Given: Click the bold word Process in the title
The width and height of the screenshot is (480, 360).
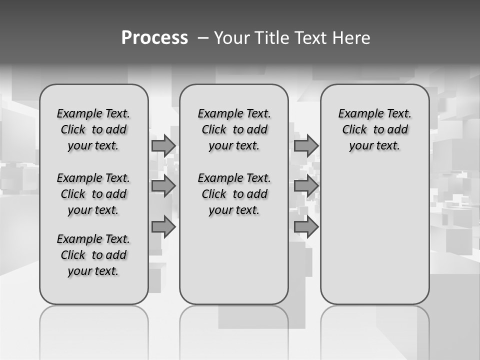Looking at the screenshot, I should click(x=154, y=37).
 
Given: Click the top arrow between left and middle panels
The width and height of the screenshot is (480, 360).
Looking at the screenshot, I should click(x=163, y=145).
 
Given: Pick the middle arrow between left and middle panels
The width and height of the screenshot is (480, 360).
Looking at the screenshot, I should click(x=163, y=186).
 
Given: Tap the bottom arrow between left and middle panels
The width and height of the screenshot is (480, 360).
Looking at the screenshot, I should click(x=163, y=227).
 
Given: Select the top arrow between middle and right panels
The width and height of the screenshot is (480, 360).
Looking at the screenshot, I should click(x=306, y=145).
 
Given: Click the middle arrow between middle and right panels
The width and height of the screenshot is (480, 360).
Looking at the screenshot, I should click(x=306, y=186).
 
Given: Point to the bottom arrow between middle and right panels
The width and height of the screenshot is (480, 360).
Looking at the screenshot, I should click(x=306, y=227).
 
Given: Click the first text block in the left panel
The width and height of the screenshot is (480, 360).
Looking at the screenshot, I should click(x=93, y=129).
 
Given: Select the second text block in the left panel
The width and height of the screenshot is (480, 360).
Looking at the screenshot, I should click(x=93, y=194).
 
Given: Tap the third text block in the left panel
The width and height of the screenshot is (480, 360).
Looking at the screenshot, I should click(x=93, y=255).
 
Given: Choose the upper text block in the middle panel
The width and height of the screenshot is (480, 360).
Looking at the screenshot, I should click(x=234, y=129).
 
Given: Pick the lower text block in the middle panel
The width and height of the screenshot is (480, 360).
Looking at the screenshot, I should click(x=234, y=194).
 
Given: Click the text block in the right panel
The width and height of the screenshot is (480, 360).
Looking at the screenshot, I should click(x=374, y=129).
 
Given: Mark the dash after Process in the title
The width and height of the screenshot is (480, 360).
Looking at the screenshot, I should click(x=204, y=38).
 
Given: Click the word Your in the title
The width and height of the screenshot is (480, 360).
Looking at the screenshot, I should click(x=231, y=37).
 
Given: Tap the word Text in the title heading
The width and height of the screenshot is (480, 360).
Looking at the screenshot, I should click(x=311, y=37).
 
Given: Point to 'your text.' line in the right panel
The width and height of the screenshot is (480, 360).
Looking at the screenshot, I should click(x=374, y=146).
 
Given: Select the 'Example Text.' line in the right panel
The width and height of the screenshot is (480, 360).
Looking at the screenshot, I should click(x=374, y=113).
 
